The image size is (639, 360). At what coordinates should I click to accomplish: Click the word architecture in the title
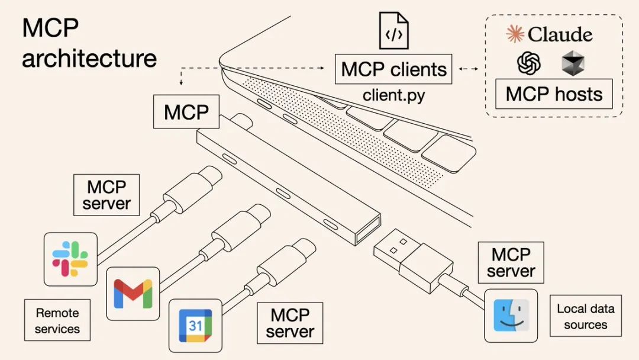pos(89,59)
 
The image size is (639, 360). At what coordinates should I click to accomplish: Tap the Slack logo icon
pos(70,259)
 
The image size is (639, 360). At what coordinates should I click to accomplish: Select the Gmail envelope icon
pos(133,293)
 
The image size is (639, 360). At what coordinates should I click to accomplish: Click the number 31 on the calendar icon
pos(195,325)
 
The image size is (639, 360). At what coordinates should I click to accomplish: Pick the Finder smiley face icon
pos(511,316)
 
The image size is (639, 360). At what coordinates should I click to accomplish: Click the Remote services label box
pos(57,320)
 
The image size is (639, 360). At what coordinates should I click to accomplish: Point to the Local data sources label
pos(585,316)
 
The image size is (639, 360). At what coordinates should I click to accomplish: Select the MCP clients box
pos(393,69)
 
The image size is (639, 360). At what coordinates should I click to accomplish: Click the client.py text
pos(393,95)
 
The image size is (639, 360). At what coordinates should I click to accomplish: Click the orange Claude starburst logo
pos(515,34)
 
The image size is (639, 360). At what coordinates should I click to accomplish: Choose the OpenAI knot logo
pos(528,63)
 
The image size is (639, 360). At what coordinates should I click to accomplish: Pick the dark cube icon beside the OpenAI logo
pos(573,63)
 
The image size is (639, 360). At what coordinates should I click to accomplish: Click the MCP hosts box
pos(554,94)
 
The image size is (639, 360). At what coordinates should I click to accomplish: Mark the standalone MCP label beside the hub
pos(186,111)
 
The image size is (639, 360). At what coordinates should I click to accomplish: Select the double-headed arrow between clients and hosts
pos(468,69)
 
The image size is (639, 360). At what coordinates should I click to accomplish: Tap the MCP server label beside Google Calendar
pos(289,323)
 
